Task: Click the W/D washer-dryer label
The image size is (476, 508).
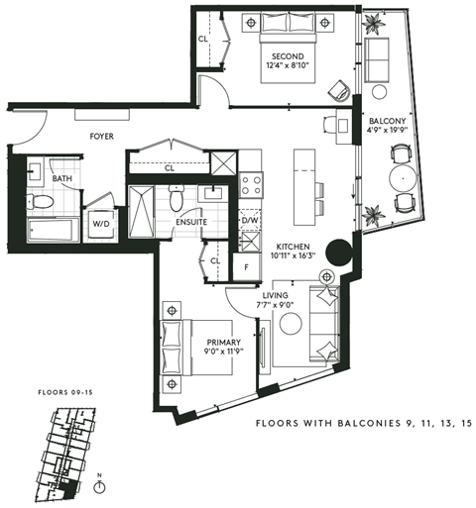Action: [x=101, y=224]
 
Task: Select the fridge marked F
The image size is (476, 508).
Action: [x=246, y=266]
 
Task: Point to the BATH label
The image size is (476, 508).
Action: [x=61, y=179]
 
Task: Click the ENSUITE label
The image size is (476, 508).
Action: [x=191, y=223]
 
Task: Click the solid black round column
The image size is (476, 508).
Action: [x=337, y=253]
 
